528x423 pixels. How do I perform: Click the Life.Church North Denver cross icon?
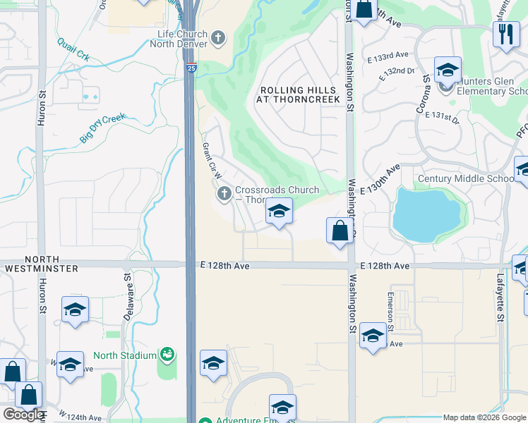click(218, 37)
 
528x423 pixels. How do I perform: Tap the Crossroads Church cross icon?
click(224, 193)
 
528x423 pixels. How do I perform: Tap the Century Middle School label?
click(464, 178)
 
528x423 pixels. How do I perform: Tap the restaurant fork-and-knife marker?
click(505, 35)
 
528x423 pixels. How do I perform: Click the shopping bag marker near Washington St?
click(340, 231)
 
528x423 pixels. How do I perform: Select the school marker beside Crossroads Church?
click(279, 211)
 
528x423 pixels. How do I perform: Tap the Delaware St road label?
click(128, 302)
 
